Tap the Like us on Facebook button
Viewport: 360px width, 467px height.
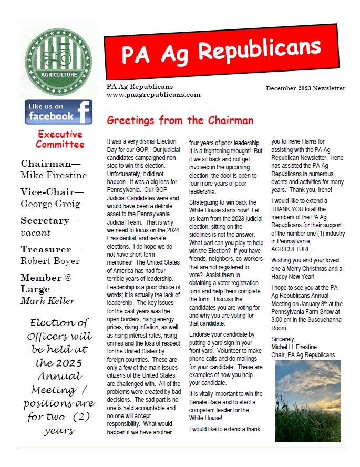point(59,111)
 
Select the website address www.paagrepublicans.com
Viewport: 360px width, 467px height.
point(153,95)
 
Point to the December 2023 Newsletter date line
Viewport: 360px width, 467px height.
point(305,88)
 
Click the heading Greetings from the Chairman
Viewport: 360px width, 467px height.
point(180,120)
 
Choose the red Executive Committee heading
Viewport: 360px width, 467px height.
point(60,139)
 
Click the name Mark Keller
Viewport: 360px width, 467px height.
point(47,301)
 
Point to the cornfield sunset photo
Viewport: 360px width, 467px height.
point(308,401)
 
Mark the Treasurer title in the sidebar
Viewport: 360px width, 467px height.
point(50,249)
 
